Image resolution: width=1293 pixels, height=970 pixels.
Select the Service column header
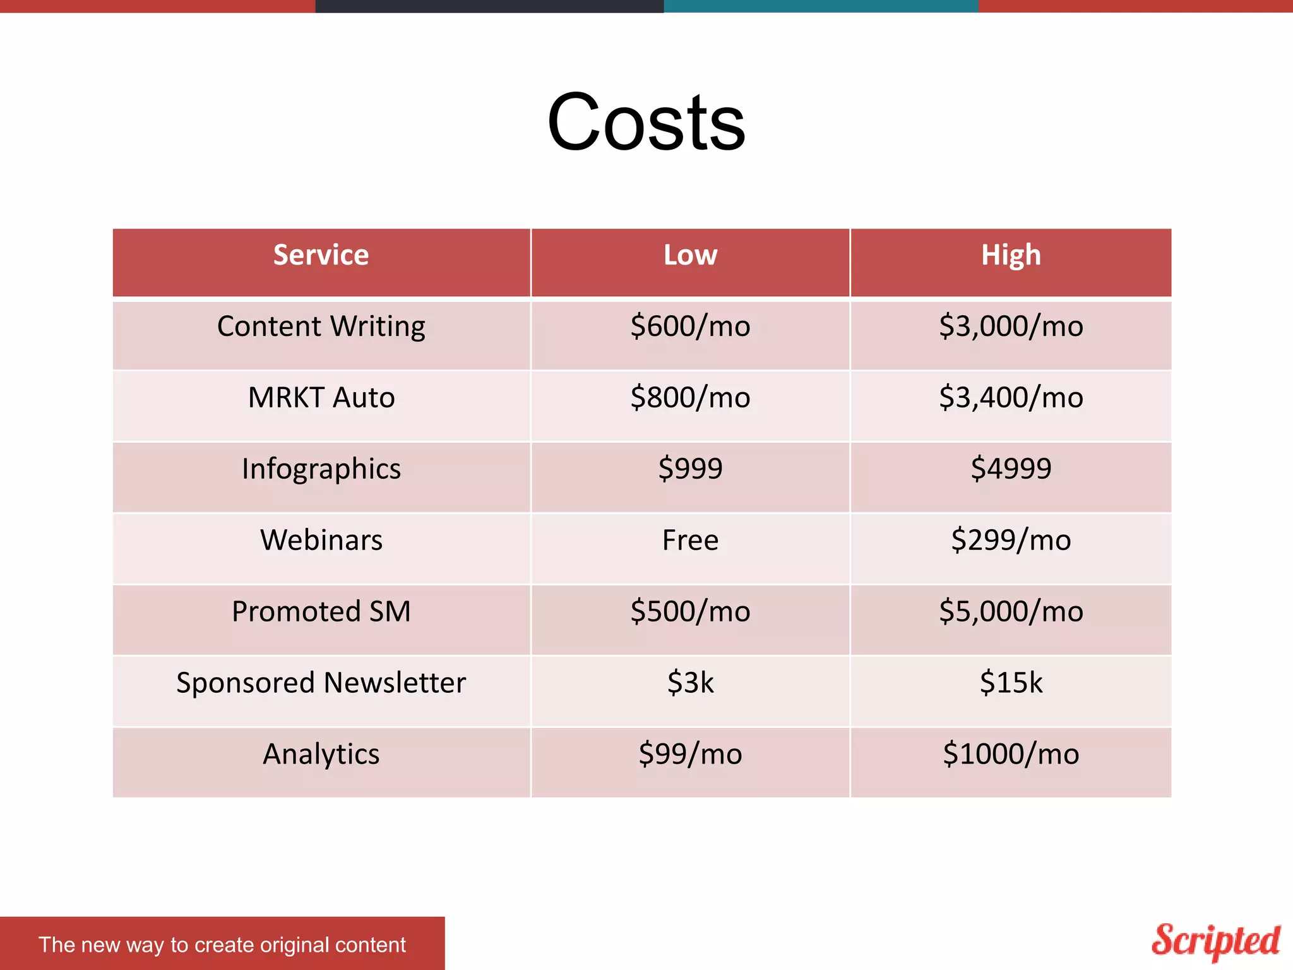point(321,255)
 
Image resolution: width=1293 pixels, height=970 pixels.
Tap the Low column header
point(690,255)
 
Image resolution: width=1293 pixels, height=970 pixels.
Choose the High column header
point(1010,255)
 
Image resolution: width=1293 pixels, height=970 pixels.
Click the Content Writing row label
point(321,326)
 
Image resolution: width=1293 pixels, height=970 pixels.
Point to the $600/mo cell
point(690,326)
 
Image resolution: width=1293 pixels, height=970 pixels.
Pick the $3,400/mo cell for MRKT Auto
point(1010,398)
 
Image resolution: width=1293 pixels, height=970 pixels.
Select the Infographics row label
point(321,469)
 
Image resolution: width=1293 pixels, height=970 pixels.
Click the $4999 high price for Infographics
point(1010,469)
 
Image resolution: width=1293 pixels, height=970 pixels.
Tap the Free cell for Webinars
point(690,541)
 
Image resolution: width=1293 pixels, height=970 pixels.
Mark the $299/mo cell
point(1010,541)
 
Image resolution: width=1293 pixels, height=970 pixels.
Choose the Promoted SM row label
point(321,611)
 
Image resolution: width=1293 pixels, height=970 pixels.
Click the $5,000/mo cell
point(1010,611)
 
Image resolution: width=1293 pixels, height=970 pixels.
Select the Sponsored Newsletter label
point(321,683)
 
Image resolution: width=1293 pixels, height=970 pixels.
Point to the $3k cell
point(690,683)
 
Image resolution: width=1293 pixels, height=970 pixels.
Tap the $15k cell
point(1010,683)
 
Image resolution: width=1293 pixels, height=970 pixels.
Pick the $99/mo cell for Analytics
point(690,754)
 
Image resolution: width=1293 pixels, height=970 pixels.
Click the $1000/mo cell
point(1010,754)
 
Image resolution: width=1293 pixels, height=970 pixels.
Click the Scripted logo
point(1215,941)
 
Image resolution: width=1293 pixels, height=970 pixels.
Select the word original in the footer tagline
point(294,945)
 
